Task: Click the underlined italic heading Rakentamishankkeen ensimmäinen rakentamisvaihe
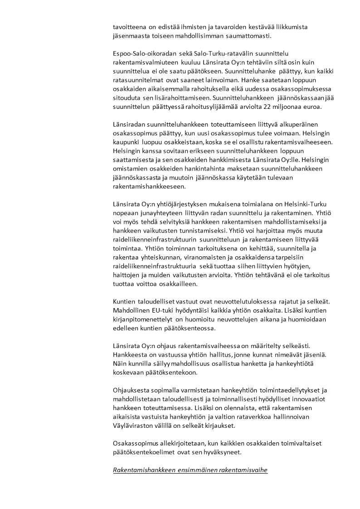point(190,470)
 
